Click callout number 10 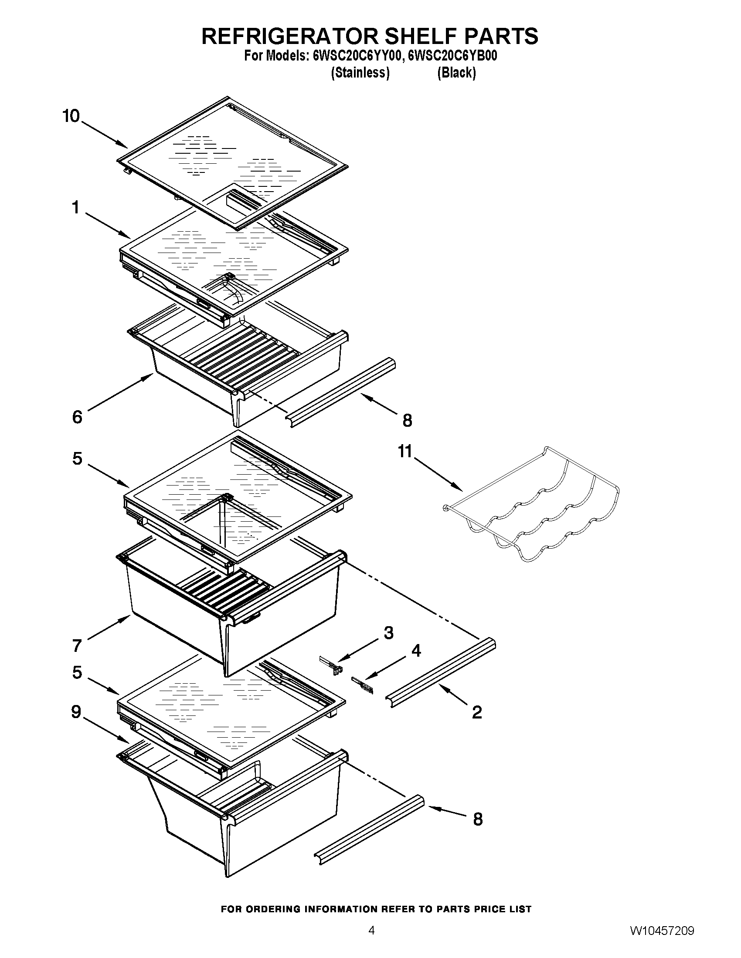71,117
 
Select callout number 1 76,207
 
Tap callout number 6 77,417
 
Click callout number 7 77,645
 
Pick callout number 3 388,633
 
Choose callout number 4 415,651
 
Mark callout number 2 477,712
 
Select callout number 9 76,712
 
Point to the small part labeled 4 364,685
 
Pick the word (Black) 456,72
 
